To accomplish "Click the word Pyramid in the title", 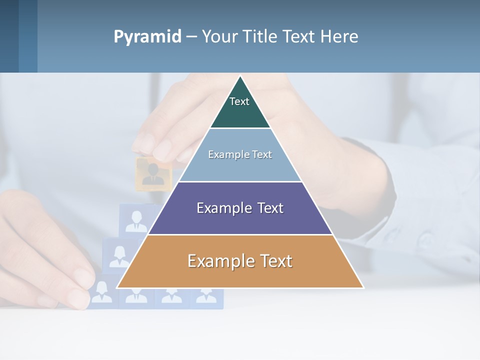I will pyautogui.click(x=147, y=37).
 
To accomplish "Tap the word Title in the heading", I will pyautogui.click(x=263, y=37).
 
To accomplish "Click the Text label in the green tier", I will pyautogui.click(x=239, y=101).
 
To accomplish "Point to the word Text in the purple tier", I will pyautogui.click(x=270, y=208).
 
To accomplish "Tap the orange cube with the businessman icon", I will pyautogui.click(x=153, y=173).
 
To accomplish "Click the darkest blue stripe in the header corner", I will pyautogui.click(x=9, y=36).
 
